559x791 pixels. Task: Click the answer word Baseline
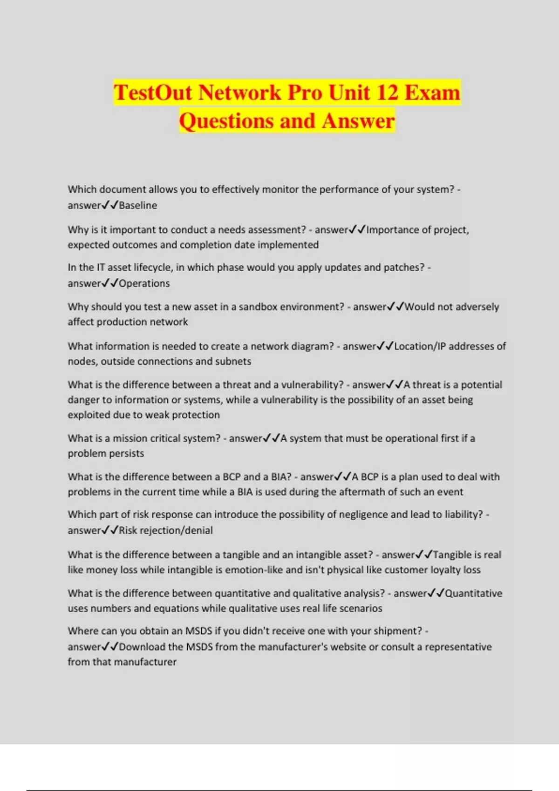[138, 205]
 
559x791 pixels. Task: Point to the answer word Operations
[144, 283]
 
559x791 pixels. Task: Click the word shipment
[399, 631]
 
